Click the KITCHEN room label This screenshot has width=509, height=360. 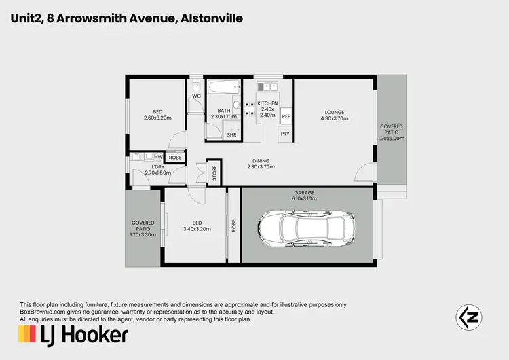tap(267, 103)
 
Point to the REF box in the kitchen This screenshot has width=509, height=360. tap(286, 117)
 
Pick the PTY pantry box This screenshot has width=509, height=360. tap(285, 134)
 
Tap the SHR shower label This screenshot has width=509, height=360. tap(232, 134)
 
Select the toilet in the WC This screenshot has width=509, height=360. tap(195, 86)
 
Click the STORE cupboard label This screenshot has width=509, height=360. tap(214, 173)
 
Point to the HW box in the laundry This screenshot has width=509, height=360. tap(158, 157)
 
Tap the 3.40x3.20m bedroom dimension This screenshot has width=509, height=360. tap(195, 229)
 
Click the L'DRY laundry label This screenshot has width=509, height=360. tap(158, 167)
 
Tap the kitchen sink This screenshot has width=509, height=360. tap(266, 87)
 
